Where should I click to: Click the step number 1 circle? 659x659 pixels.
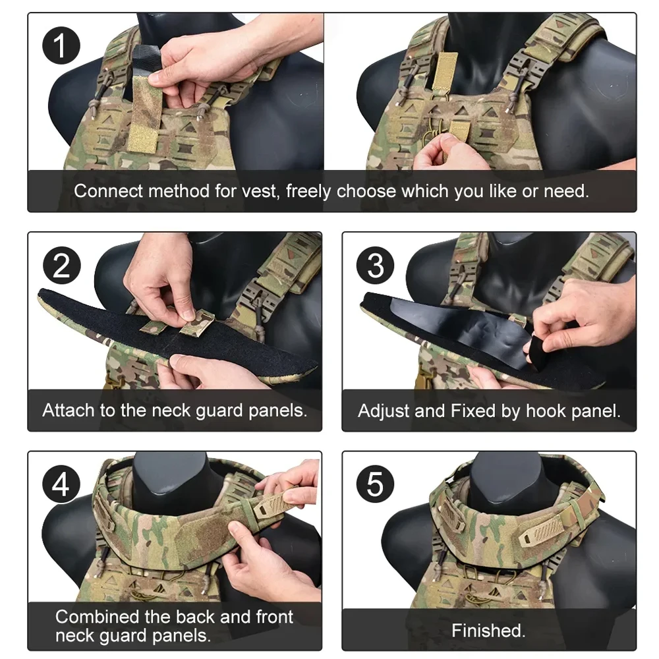tap(61, 45)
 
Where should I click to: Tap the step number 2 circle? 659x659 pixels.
tap(62, 266)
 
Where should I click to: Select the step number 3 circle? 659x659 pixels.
tap(376, 266)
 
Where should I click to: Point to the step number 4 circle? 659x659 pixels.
tap(61, 484)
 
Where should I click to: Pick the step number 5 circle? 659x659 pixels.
tap(376, 484)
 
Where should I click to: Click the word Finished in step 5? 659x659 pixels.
tap(487, 631)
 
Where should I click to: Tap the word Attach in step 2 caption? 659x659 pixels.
tap(69, 410)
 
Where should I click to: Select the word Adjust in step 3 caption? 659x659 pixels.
tap(384, 411)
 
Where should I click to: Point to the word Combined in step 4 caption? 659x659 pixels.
tap(98, 617)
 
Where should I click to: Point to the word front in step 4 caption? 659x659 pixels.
tap(274, 617)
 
